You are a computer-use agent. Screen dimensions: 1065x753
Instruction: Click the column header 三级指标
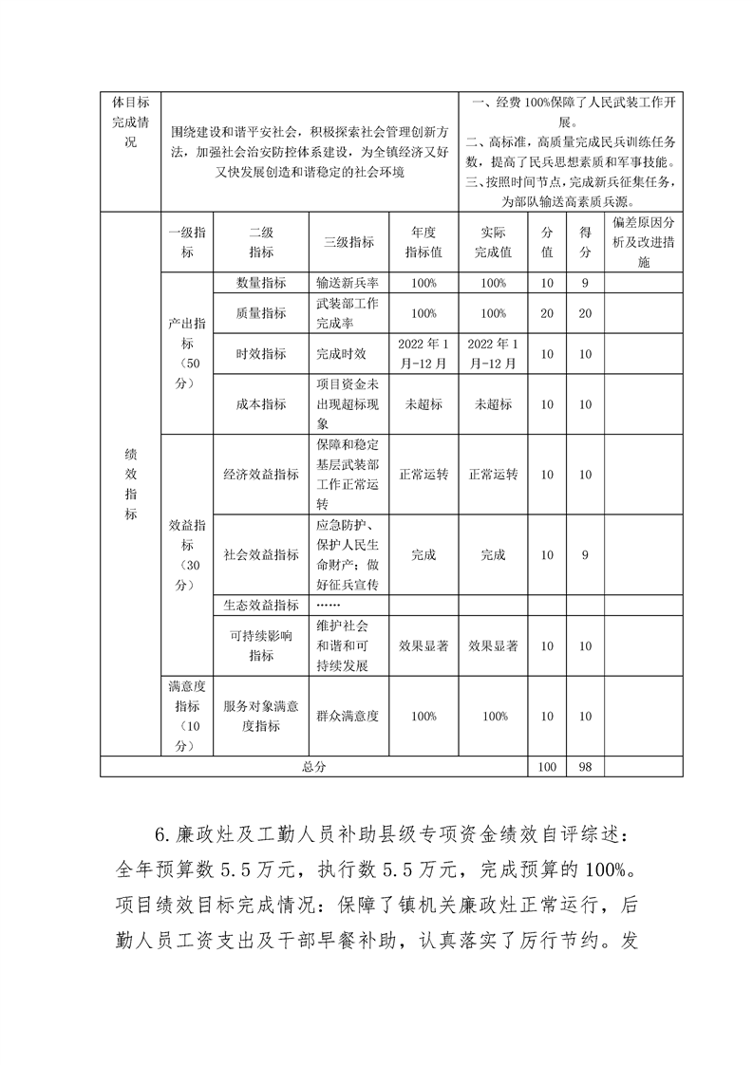pos(348,242)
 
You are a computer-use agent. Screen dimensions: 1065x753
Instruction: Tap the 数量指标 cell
pos(261,283)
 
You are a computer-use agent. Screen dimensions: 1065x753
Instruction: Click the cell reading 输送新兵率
pos(348,283)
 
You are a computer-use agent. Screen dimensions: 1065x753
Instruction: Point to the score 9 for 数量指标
pos(585,283)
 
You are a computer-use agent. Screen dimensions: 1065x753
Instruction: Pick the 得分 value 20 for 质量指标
pos(585,313)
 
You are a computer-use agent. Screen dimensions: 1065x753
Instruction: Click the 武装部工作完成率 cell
pos(348,313)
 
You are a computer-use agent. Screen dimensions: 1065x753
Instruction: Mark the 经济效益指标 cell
pos(261,475)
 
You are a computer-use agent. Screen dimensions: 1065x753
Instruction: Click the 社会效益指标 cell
pos(261,555)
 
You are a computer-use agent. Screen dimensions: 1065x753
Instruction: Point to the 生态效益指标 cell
pos(261,605)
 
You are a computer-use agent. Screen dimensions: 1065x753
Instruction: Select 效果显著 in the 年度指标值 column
pos(424,645)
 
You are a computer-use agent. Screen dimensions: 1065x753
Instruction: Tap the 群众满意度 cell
pos(348,717)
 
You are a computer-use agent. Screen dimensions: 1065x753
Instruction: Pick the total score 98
pos(585,767)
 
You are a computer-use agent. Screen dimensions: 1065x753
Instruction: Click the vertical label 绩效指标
pos(131,484)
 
